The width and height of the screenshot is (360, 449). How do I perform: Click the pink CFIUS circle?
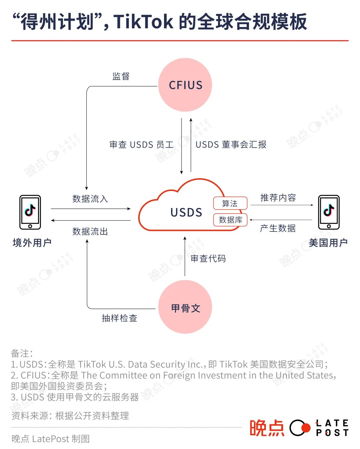(185, 85)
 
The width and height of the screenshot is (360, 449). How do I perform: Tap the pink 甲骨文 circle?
(185, 307)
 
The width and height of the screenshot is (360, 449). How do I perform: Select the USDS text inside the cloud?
(186, 213)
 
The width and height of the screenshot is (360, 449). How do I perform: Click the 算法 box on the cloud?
(230, 203)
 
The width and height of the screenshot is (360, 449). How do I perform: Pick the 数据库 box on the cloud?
(230, 220)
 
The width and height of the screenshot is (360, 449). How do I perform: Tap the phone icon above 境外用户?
(30, 212)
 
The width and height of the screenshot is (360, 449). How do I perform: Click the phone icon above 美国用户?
(329, 212)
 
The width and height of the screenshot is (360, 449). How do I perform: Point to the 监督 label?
(121, 76)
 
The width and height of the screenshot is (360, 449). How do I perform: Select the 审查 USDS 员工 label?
(142, 145)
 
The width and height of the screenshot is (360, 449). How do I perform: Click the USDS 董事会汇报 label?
(231, 145)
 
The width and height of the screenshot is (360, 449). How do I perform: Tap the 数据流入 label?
(90, 199)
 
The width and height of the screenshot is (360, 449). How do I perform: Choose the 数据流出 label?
(90, 231)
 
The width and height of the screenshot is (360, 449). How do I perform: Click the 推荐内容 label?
(278, 198)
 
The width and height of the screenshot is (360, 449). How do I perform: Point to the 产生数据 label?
(278, 228)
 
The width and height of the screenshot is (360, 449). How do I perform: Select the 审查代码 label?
(208, 258)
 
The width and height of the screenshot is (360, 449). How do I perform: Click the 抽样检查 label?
(119, 318)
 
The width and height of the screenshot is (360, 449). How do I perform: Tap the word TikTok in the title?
(143, 22)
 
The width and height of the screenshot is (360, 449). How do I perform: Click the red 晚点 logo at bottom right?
(267, 428)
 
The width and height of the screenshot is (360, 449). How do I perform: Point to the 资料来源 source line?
(70, 416)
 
